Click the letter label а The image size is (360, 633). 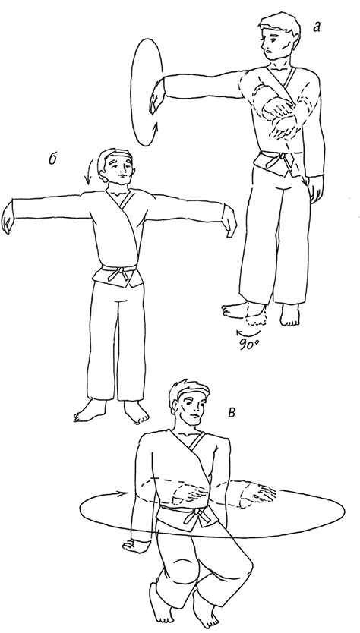pos(317,27)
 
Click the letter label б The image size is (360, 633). pos(52,159)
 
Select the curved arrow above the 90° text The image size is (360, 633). pos(248,333)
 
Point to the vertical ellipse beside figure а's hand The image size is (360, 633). pos(131,91)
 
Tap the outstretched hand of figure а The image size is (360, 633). pos(156,97)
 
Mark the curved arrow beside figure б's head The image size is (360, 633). pos(90,172)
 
